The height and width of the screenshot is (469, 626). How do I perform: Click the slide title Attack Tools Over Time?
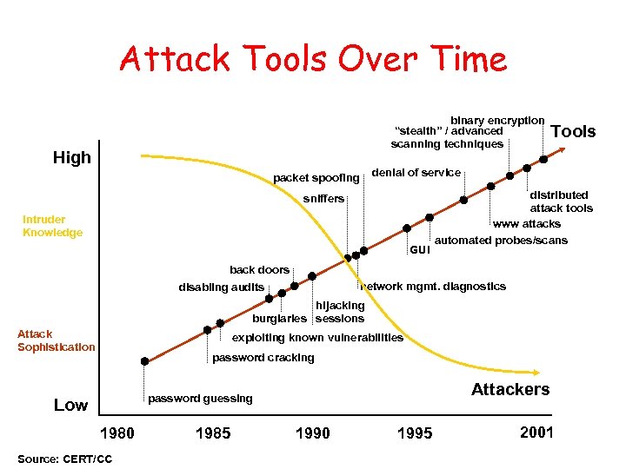313,60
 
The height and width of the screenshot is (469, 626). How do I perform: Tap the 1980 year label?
117,433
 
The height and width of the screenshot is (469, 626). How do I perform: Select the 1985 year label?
213,433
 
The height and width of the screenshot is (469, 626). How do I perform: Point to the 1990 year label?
312,433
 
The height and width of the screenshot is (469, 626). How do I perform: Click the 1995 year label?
414,433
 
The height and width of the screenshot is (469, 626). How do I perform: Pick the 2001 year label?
536,432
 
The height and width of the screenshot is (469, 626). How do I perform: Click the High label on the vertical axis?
72,157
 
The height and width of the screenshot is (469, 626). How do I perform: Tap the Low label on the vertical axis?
70,405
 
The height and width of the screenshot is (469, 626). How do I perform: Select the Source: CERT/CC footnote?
63,458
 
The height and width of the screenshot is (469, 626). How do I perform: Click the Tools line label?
574,131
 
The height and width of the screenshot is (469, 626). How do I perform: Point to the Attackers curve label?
510,389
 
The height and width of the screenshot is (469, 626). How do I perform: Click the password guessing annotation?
200,398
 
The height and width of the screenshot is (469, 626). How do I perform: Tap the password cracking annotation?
263,358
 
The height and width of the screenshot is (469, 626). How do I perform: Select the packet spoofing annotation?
316,178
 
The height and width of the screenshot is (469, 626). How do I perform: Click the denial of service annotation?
416,172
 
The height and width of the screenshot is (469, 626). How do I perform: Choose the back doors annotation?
259,269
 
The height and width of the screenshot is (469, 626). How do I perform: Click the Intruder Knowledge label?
53,226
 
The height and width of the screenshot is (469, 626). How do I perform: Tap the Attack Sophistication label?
56,340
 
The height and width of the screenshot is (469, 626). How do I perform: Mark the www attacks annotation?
527,223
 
